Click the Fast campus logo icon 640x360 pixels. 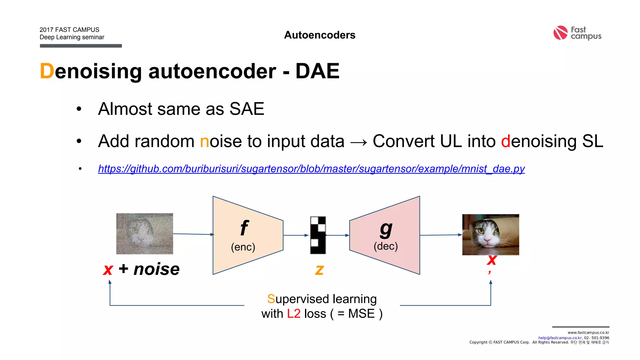(560, 33)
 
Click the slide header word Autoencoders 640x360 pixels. (320, 35)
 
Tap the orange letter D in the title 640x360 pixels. (47, 71)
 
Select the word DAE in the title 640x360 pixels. (317, 71)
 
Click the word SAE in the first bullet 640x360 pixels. (247, 109)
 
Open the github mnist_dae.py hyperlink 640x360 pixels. (311, 169)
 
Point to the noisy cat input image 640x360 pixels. (144, 234)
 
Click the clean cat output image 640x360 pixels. (491, 235)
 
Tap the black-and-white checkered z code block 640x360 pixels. (318, 235)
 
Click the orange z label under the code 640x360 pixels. (319, 269)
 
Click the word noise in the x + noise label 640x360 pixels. (157, 269)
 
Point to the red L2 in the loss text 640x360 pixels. (294, 314)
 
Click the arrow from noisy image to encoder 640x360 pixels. (193, 234)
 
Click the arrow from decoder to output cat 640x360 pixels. (441, 235)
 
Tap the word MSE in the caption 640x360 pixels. (361, 314)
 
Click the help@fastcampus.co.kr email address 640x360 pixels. (560, 338)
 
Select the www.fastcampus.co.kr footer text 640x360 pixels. (588, 332)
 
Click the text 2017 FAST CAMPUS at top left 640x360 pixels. (69, 30)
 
